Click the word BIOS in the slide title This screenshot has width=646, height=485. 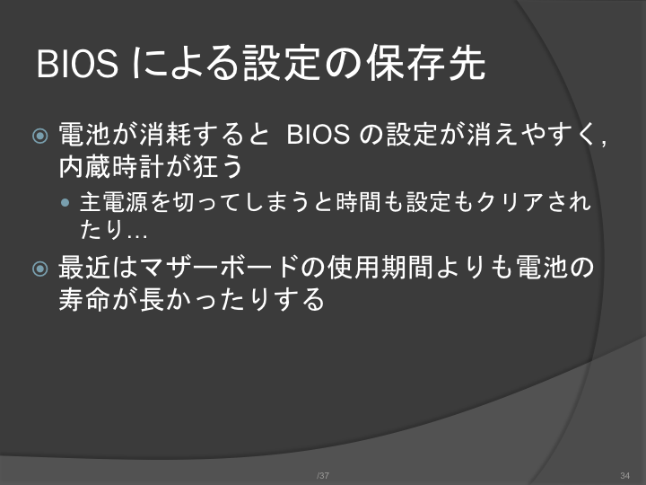77,64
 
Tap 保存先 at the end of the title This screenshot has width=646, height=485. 425,63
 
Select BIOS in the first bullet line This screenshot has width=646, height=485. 318,135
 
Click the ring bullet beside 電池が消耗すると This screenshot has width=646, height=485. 40,136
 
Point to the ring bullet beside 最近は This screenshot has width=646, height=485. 40,269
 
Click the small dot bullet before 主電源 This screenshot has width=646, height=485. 65,202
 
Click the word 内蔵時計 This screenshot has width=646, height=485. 111,167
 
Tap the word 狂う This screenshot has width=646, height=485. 217,167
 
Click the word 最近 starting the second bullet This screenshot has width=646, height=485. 85,268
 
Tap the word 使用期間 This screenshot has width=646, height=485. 380,268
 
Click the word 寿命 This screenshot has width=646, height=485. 85,298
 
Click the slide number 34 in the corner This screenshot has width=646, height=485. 625,475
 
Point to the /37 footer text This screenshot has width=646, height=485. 323,475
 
